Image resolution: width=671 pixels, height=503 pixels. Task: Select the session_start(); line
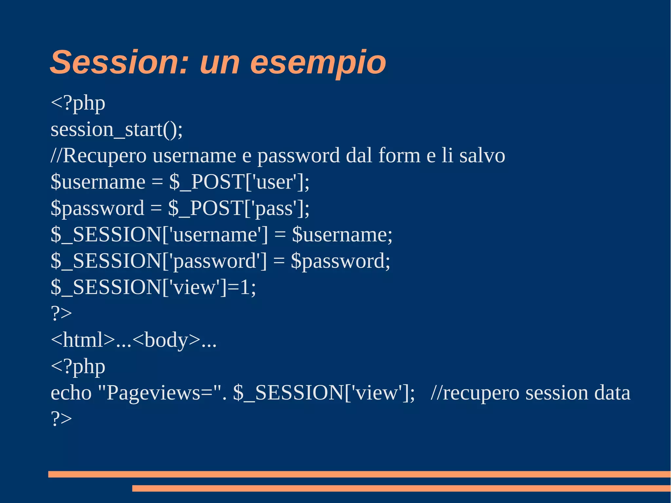(x=117, y=130)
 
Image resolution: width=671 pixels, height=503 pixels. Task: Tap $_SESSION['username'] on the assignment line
(x=159, y=235)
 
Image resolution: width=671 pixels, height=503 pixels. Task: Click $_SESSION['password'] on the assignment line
(x=159, y=261)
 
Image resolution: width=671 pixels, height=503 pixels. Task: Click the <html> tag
(x=83, y=340)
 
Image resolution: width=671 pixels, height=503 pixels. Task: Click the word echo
(x=71, y=393)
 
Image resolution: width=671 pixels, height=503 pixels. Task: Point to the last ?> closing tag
(x=61, y=419)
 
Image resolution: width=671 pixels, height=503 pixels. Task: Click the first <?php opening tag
(x=78, y=104)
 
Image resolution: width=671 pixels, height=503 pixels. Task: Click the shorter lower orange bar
(x=401, y=488)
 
